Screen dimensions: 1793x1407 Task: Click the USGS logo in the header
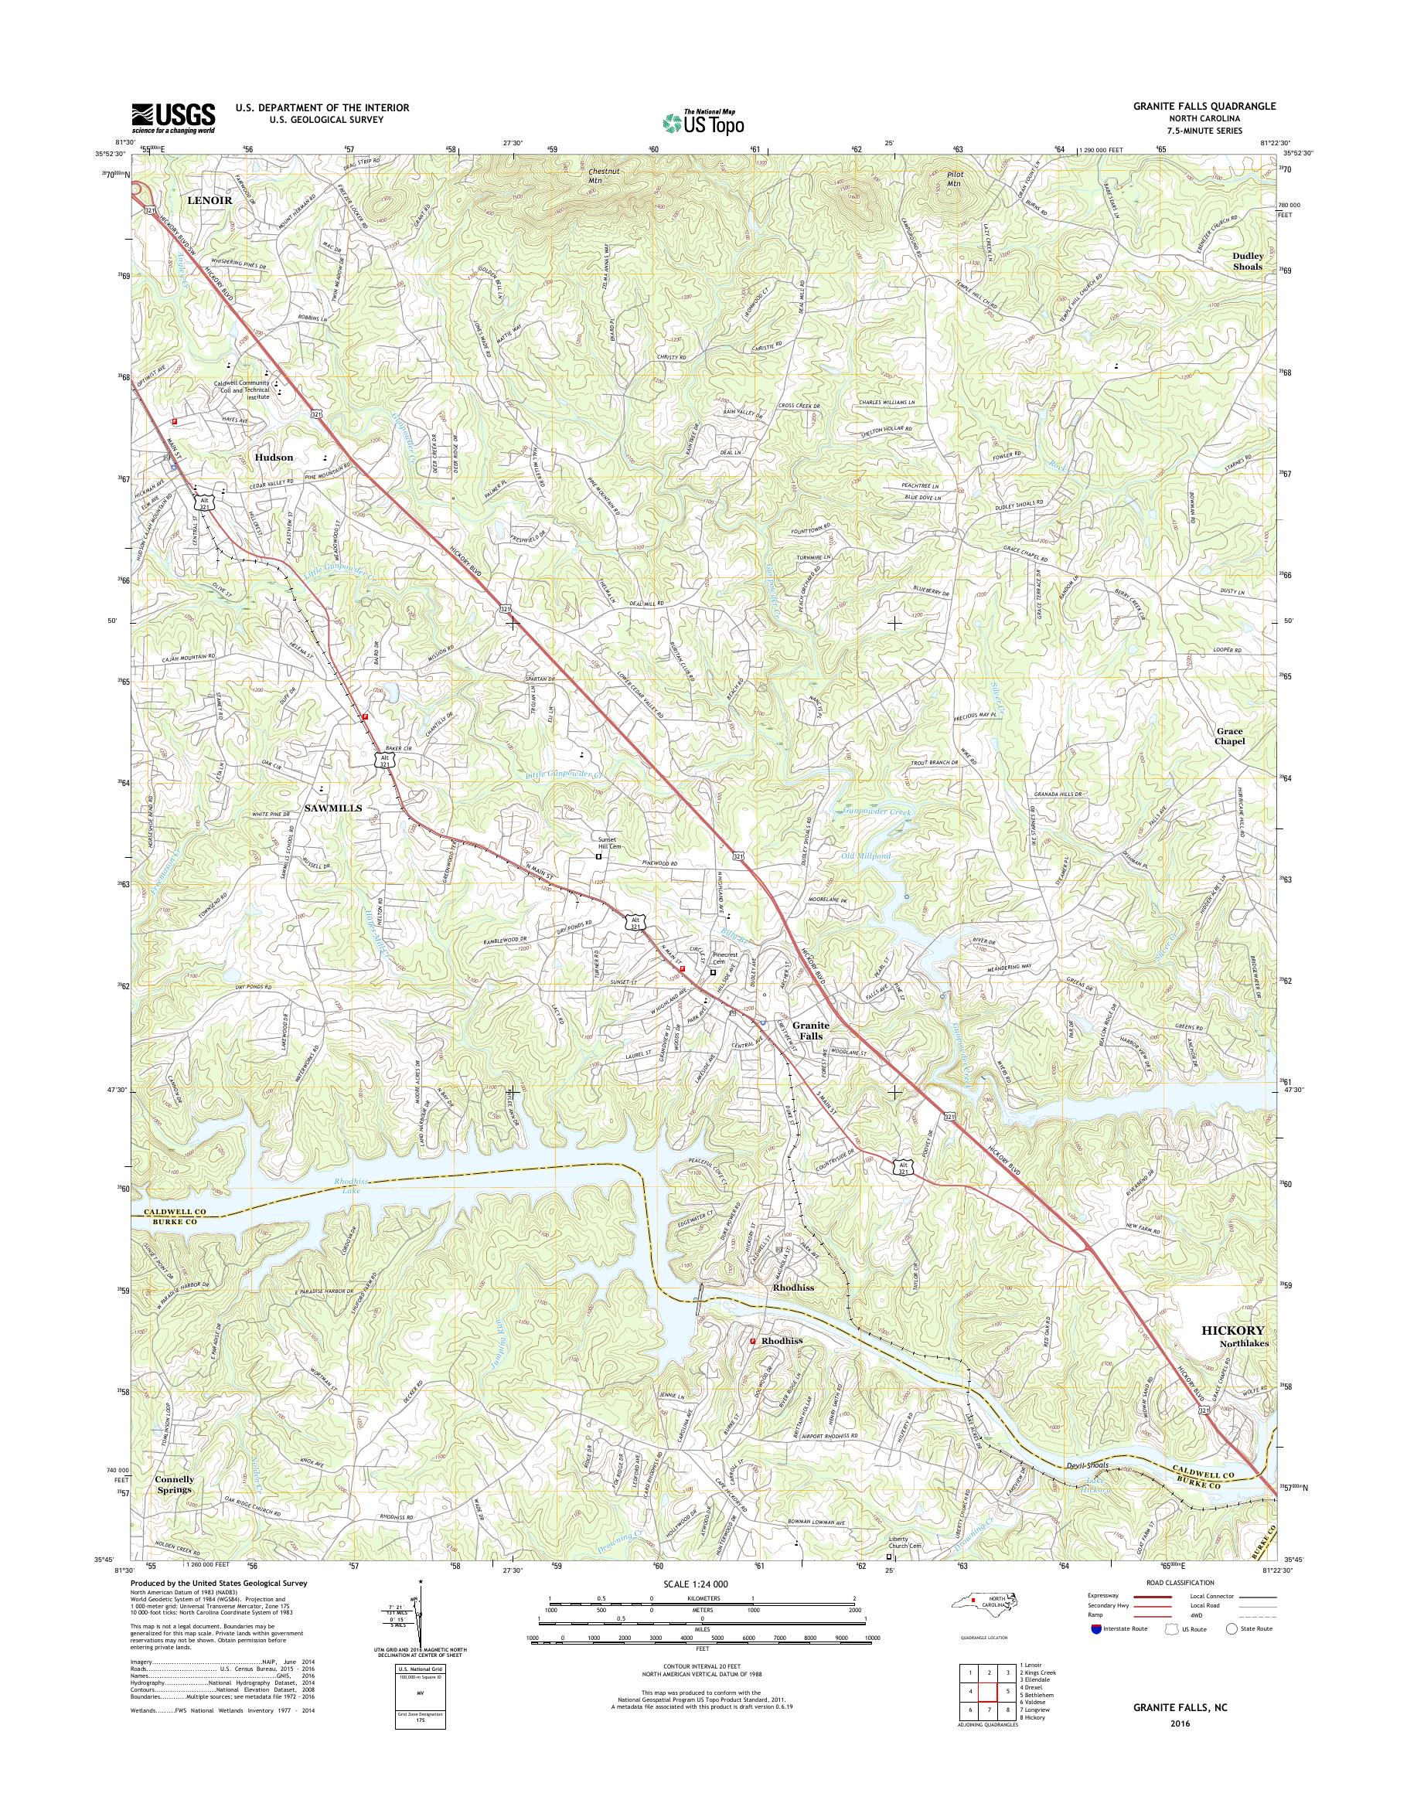(173, 117)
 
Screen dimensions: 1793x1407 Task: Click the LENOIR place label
(210, 200)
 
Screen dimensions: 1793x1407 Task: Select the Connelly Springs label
(175, 1484)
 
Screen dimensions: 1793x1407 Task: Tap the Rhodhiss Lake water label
(353, 1186)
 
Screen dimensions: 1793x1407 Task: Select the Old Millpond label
(867, 856)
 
